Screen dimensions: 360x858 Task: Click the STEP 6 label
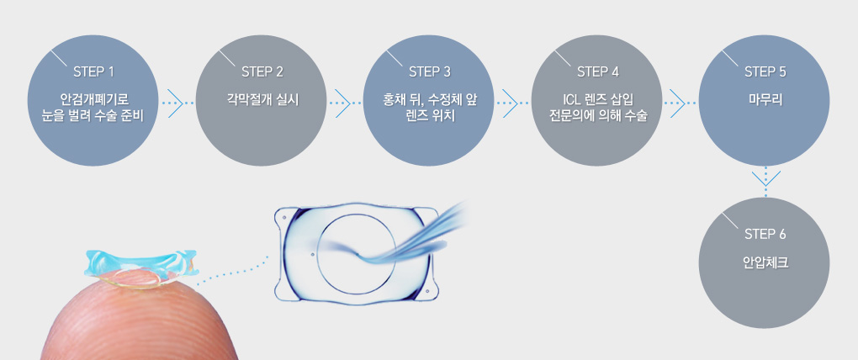click(765, 233)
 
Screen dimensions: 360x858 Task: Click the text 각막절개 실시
click(262, 99)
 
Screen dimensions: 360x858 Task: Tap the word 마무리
click(765, 99)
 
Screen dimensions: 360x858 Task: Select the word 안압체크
click(765, 262)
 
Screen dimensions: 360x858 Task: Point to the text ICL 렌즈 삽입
click(597, 99)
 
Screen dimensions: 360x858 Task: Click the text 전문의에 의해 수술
click(597, 115)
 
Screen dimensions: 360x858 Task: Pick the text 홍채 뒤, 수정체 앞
click(429, 99)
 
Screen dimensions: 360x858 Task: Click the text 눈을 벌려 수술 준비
click(93, 115)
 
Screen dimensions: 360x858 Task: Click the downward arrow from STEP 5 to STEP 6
click(765, 177)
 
